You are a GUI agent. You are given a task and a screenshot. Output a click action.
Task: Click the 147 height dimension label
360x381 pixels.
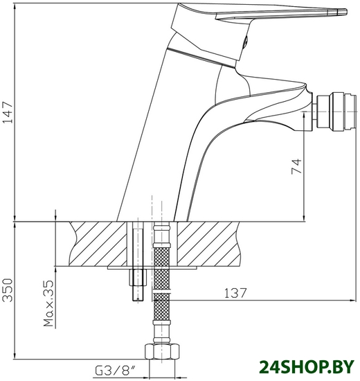[8, 113]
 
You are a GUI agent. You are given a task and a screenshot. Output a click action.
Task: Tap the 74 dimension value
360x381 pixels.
[296, 166]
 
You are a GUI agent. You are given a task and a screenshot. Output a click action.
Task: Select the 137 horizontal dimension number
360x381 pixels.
[235, 293]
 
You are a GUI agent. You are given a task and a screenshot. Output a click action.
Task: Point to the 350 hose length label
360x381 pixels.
[8, 290]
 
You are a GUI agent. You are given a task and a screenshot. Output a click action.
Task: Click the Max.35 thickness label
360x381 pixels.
[48, 303]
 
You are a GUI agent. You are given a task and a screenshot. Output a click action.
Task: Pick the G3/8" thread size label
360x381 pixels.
[115, 371]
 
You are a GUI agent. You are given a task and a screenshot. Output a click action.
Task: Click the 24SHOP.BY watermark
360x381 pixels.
[307, 367]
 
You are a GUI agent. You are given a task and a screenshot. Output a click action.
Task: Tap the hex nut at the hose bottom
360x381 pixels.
[162, 351]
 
